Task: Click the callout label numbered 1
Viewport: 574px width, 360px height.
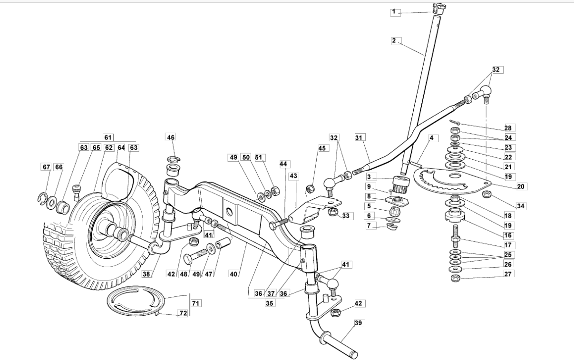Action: (395, 12)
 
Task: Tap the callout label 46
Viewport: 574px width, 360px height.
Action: (171, 137)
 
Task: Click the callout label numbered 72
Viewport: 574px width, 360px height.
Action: (183, 313)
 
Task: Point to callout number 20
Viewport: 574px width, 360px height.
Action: (520, 186)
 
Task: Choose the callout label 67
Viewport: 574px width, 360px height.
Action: (46, 167)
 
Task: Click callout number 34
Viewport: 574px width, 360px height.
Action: (520, 206)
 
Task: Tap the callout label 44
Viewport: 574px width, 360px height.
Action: (283, 164)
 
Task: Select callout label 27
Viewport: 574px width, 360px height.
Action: (507, 274)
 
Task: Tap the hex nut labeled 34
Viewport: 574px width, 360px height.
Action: (485, 194)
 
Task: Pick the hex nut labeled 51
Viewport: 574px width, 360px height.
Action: (275, 191)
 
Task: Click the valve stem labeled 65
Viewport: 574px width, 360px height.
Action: (76, 192)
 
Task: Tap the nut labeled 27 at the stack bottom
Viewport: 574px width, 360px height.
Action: (455, 278)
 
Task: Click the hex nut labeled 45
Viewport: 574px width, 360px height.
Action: (310, 189)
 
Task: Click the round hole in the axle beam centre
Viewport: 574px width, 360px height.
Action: (229, 212)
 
